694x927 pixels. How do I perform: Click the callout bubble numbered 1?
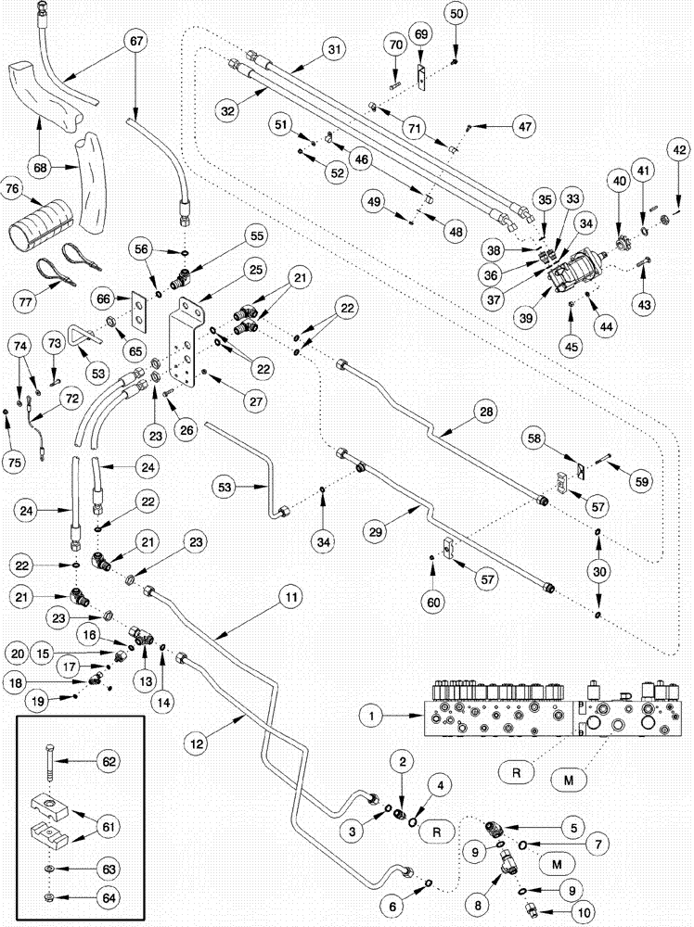[x=371, y=716]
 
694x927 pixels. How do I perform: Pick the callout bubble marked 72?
[x=70, y=398]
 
